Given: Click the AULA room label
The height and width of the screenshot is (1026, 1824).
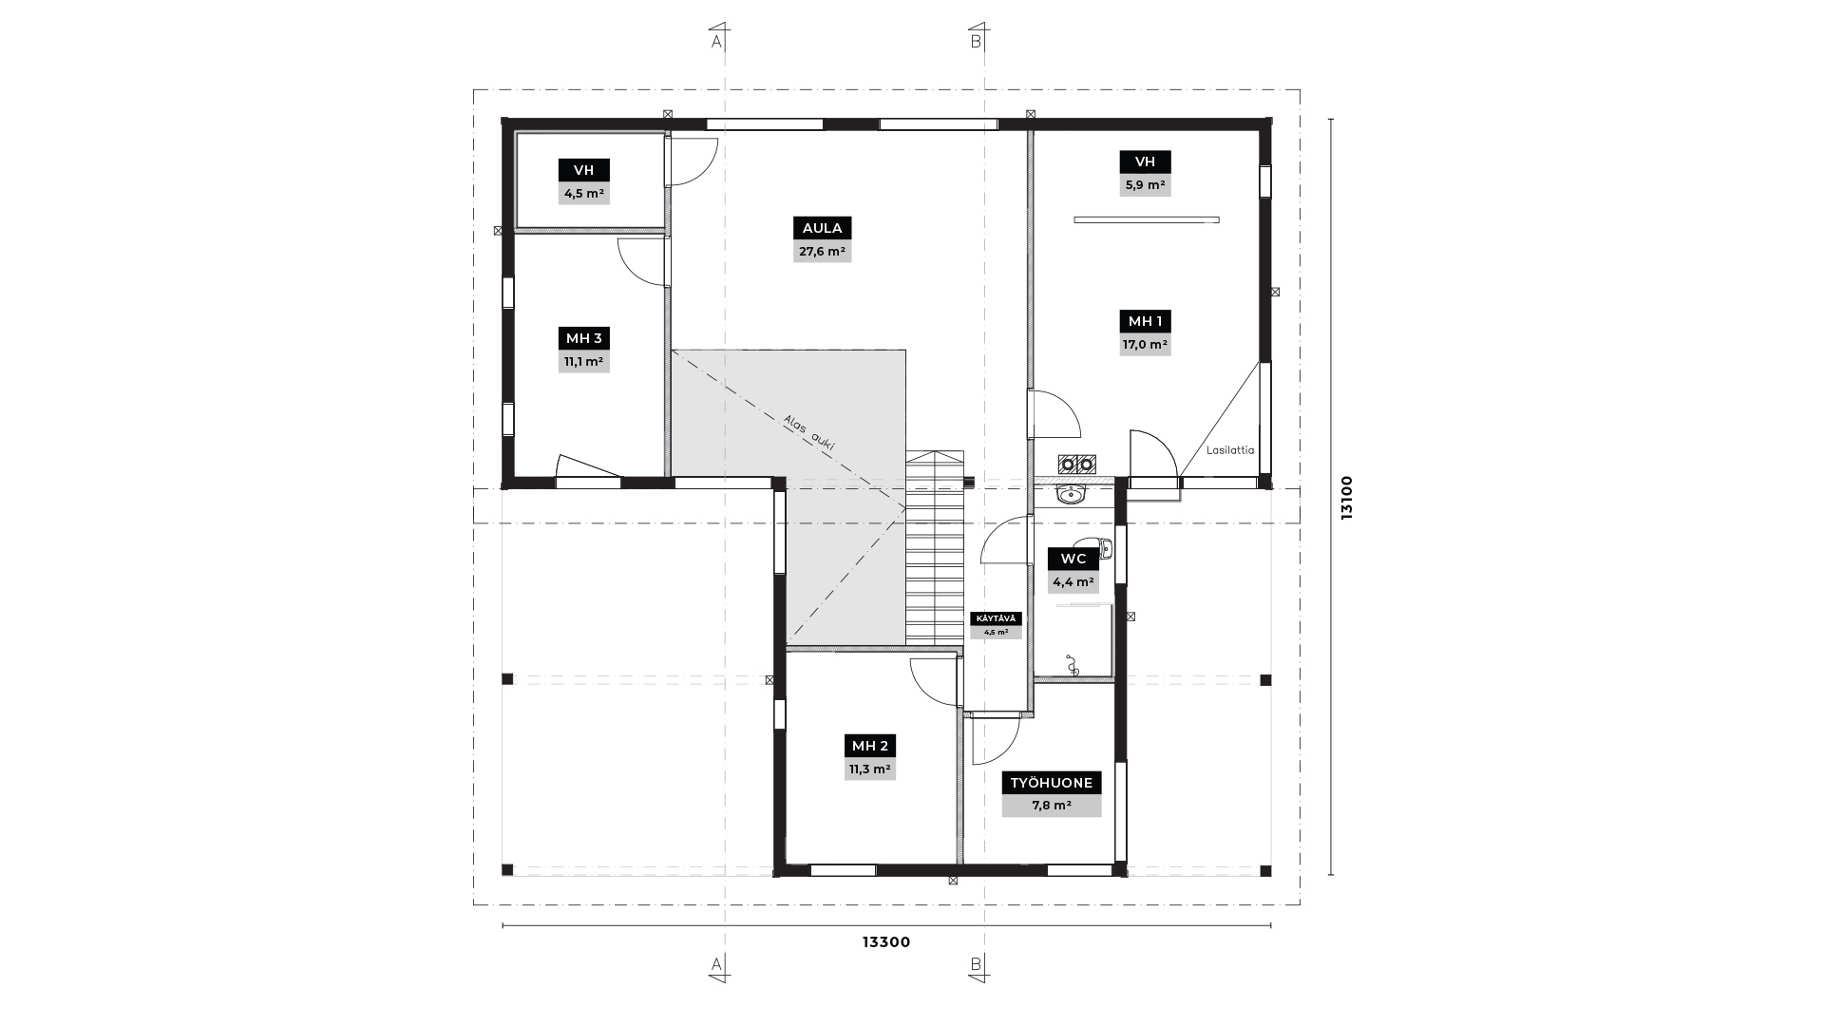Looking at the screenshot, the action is [822, 228].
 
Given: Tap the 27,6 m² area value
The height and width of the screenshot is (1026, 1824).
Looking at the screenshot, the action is [822, 252].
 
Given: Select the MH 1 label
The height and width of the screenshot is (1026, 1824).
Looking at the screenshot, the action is [1145, 321].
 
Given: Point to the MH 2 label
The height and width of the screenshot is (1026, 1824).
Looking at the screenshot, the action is [870, 746].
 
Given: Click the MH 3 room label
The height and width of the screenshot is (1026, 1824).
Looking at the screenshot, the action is [584, 338].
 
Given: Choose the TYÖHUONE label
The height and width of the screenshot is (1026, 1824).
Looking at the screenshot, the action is [1052, 783].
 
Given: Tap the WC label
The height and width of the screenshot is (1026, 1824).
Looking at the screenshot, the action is [1073, 559].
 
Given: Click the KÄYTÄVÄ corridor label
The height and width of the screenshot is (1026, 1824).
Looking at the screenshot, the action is [997, 618].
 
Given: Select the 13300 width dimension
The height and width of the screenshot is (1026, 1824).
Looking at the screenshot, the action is [886, 942].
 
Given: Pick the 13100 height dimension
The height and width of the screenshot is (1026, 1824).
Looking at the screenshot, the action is [1346, 498].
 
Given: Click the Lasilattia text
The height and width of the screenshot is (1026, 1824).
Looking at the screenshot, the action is [1230, 450].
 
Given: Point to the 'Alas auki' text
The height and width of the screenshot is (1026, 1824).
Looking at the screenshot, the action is [809, 433].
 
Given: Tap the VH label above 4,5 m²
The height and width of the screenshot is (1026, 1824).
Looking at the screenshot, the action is [584, 170].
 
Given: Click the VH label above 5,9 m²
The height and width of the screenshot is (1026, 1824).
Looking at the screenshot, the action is [1145, 161].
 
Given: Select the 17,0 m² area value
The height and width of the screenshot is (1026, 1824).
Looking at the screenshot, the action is [1145, 345].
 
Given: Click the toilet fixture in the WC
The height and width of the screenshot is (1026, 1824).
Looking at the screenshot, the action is [1108, 548].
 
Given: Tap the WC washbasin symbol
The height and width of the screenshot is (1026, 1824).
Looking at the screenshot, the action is [1072, 494].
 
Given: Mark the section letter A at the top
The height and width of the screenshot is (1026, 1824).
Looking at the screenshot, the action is [716, 42].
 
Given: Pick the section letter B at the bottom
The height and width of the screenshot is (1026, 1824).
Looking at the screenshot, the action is [976, 964].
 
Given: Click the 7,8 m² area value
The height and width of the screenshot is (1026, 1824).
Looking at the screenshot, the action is [1052, 806].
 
